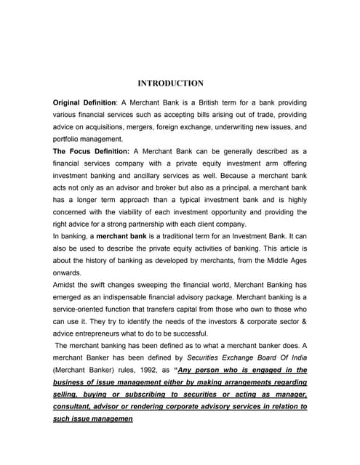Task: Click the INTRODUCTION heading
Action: [170, 84]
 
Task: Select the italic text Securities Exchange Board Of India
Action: [243, 357]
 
